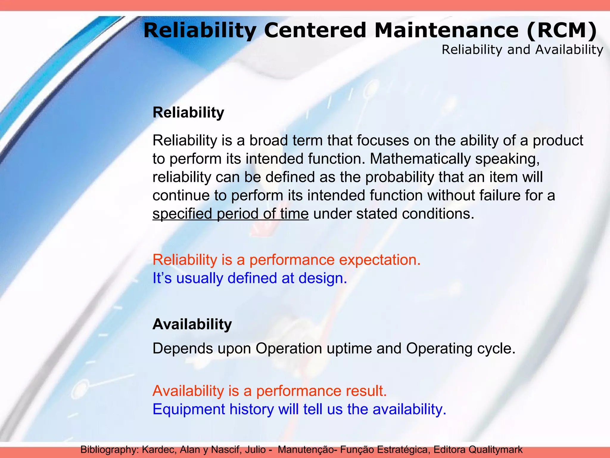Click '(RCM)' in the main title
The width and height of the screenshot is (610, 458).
tap(561, 31)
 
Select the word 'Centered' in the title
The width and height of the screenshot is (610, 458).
tap(315, 31)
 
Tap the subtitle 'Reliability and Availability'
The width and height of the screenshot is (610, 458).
tap(522, 50)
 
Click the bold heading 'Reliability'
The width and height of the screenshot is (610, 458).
tap(188, 113)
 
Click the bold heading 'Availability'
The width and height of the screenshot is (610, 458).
tap(192, 324)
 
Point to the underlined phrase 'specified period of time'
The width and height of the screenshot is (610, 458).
tap(231, 214)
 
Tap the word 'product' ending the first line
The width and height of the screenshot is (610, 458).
tap(558, 140)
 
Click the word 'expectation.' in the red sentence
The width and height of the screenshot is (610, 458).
tap(380, 260)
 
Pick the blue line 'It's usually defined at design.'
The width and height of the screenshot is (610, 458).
tap(250, 278)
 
